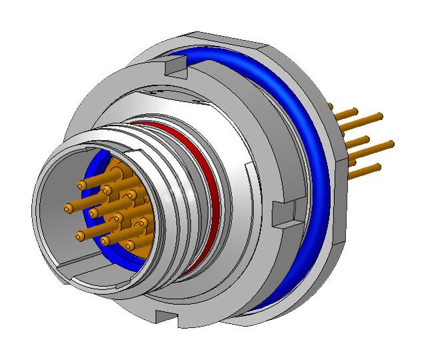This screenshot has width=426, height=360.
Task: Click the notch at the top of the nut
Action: (x=174, y=65)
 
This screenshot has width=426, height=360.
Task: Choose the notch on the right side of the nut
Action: (x=285, y=213)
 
